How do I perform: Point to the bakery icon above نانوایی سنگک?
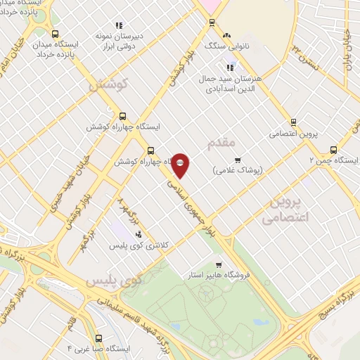(226, 35)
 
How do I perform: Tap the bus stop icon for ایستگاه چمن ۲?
(333, 149)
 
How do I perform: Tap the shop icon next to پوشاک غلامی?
(238, 160)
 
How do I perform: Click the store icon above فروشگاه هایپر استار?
(219, 265)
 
